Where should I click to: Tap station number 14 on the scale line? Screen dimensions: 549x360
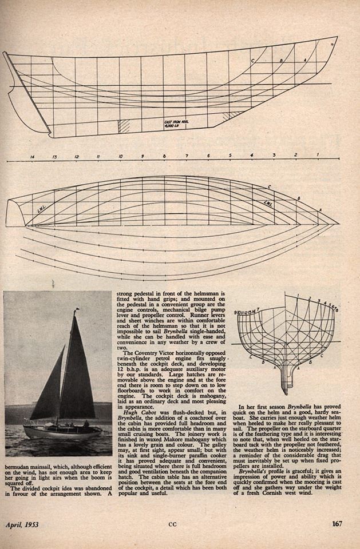[32, 156]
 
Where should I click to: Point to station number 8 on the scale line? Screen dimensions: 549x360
[164, 156]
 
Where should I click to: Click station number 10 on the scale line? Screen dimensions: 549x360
[120, 156]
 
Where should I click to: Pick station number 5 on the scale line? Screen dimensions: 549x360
[230, 156]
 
